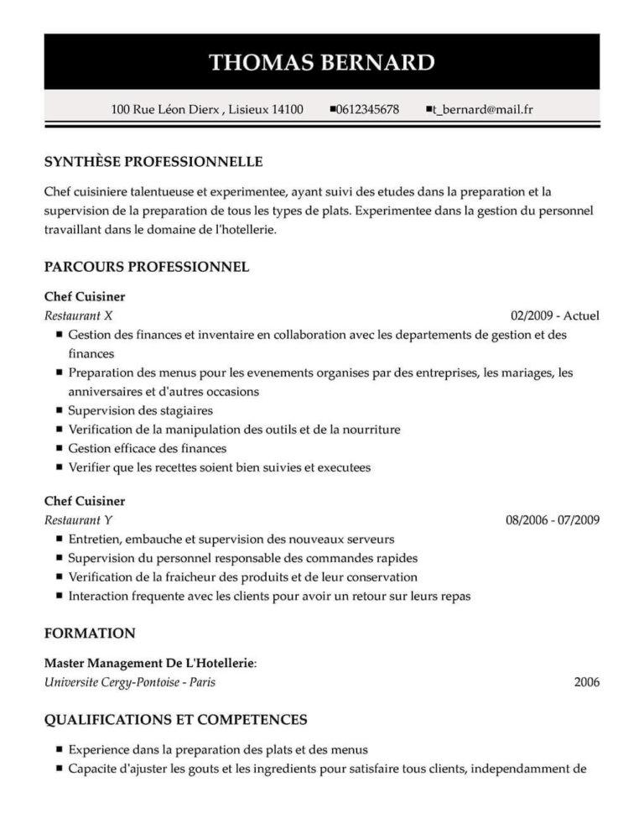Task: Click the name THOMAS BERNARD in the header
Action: point(321,63)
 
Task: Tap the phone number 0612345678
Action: point(367,109)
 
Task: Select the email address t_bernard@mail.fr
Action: point(484,109)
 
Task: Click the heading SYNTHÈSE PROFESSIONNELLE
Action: point(153,161)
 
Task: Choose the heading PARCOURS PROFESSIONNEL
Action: point(147,267)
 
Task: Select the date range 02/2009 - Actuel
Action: point(555,315)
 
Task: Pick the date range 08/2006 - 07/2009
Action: point(553,519)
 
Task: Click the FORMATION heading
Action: point(90,633)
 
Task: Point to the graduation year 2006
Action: point(587,681)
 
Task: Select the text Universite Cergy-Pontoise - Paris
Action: point(130,681)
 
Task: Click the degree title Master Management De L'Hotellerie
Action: point(149,663)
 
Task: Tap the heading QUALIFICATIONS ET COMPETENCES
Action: point(175,719)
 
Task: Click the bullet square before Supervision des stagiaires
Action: point(59,410)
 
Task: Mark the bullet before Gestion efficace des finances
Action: point(59,448)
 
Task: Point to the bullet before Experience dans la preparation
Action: point(59,749)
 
